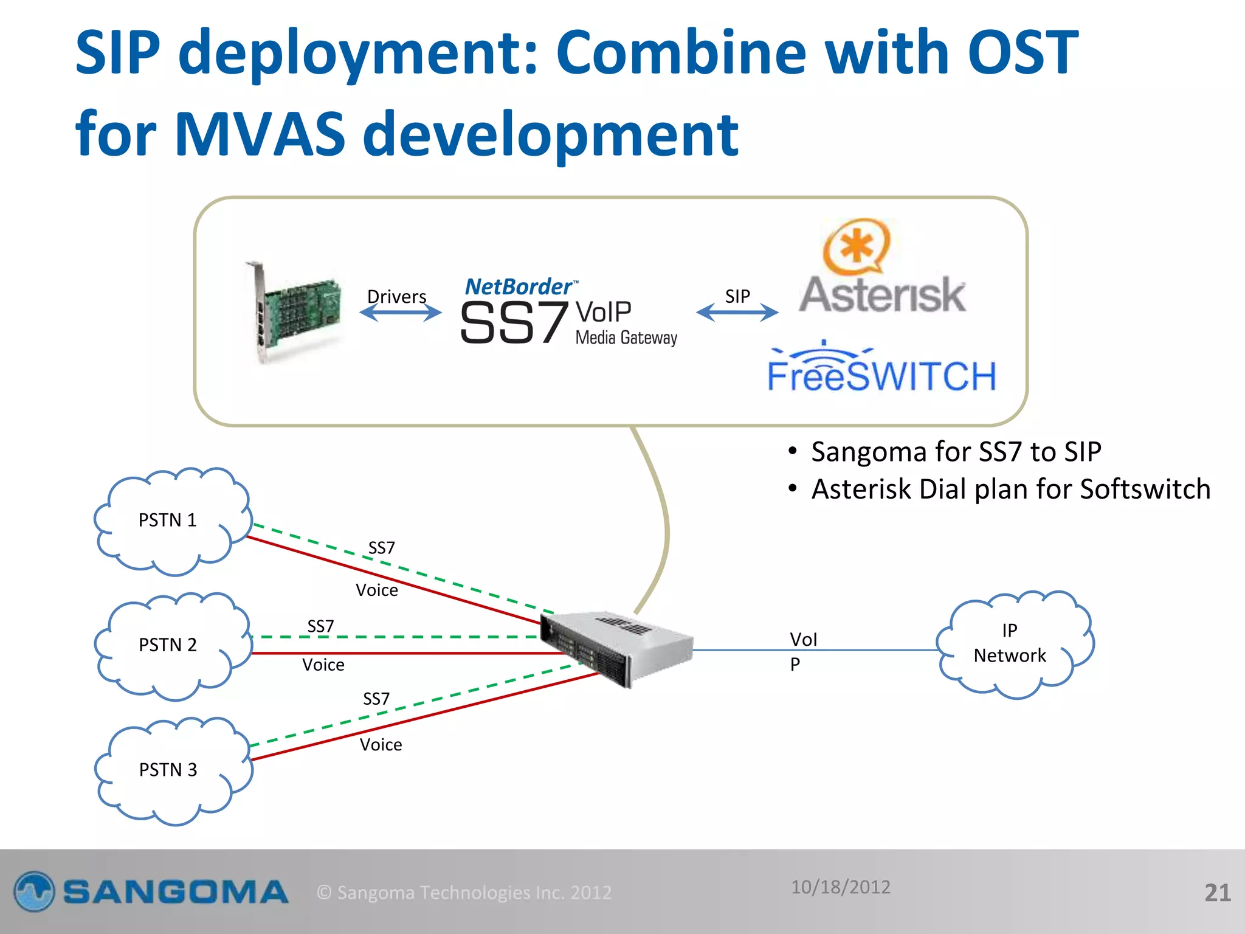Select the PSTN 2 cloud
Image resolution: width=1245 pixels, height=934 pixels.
(x=170, y=645)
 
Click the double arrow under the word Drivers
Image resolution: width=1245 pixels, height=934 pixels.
(x=400, y=313)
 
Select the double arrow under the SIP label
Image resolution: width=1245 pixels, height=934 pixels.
(x=737, y=313)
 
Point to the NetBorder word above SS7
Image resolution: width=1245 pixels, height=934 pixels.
(x=519, y=286)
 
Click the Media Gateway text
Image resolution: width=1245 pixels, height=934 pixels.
(x=626, y=338)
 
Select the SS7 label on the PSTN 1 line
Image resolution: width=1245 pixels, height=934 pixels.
(x=381, y=548)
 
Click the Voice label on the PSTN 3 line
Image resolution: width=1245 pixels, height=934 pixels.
(x=381, y=745)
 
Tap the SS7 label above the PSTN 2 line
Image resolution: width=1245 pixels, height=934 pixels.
(x=320, y=626)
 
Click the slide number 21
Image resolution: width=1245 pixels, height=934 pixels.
(x=1217, y=893)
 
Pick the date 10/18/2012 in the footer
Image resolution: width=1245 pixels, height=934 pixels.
(x=840, y=887)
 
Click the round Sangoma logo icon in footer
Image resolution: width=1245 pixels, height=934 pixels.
(x=35, y=891)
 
